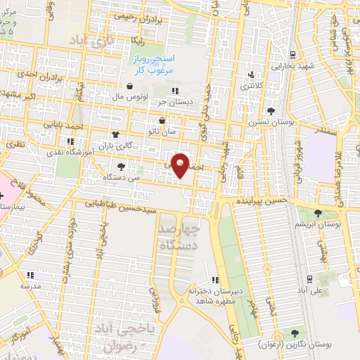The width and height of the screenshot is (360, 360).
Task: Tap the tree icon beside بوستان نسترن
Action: pyautogui.click(x=271, y=111)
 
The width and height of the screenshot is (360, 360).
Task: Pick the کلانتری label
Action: pyautogui.click(x=254, y=86)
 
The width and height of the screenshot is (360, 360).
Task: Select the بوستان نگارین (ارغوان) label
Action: pyautogui.click(x=323, y=335)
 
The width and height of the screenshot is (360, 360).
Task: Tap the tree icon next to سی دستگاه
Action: pyautogui.click(x=122, y=167)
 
